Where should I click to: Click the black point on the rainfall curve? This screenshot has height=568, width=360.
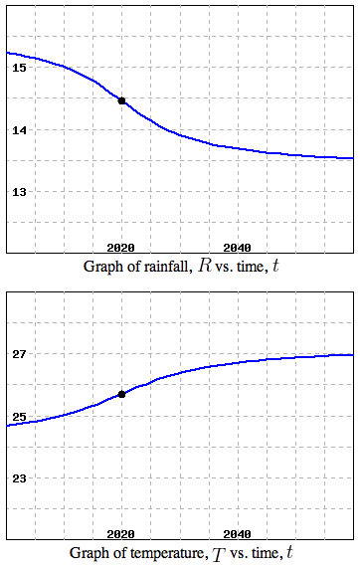click(121, 100)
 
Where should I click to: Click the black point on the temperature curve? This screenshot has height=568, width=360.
click(121, 394)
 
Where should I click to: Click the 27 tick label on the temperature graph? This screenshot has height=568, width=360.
click(19, 354)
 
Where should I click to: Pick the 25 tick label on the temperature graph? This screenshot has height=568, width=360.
click(19, 416)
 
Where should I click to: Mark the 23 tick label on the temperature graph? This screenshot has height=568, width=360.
click(19, 477)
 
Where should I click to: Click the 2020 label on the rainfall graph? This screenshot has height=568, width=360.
click(120, 247)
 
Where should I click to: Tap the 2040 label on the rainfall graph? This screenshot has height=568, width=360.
click(237, 247)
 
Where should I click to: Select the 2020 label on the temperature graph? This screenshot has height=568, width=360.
click(120, 535)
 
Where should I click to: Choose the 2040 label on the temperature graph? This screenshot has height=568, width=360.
click(237, 535)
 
